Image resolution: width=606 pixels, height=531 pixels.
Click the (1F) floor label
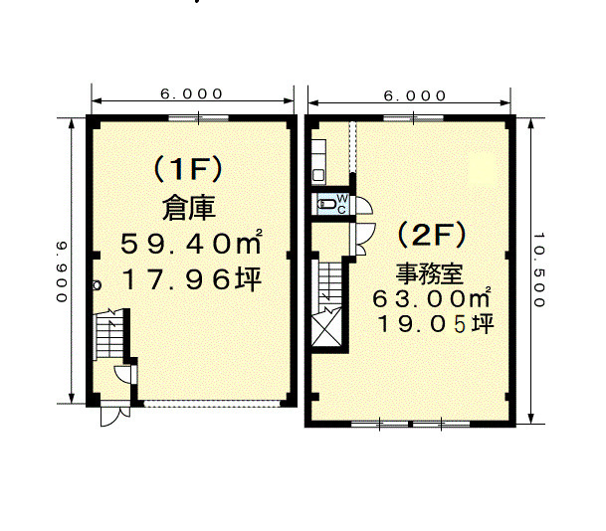click(188, 169)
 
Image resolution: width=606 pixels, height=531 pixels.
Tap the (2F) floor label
click(432, 236)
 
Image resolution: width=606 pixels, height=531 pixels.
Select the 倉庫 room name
click(189, 209)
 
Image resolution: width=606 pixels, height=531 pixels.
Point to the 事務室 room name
click(430, 273)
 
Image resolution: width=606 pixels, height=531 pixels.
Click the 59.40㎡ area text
click(191, 244)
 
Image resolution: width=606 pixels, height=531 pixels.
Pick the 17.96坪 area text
click(192, 279)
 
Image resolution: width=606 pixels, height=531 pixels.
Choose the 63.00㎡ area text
click(432, 298)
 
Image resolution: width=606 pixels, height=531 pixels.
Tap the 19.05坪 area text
click(436, 324)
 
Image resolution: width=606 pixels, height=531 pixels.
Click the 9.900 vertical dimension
click(62, 271)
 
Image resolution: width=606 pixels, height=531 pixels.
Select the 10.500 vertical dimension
click(539, 269)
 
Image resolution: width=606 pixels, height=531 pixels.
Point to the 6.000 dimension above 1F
click(192, 93)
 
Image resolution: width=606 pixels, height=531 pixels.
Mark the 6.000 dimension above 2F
click(415, 95)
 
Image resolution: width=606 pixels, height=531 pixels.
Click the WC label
click(342, 204)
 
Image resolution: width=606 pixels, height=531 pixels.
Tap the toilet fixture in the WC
click(325, 204)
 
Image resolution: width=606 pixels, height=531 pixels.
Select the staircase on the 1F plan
click(109, 334)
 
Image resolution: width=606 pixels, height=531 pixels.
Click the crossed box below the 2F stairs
click(326, 327)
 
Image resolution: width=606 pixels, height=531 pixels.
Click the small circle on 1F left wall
click(97, 285)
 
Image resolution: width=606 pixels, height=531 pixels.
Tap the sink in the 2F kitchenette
click(318, 176)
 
